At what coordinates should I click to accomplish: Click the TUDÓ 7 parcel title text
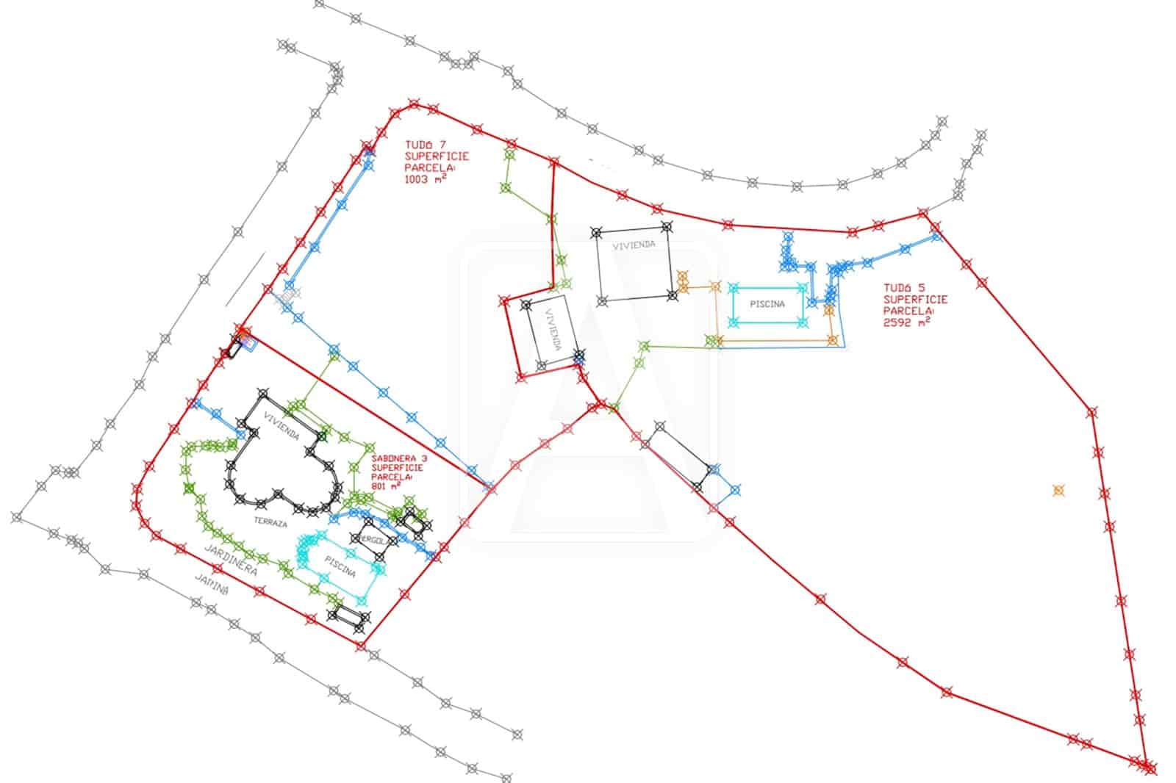tap(426, 146)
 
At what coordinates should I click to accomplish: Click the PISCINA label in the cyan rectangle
tap(767, 304)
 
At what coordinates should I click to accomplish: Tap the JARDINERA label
tap(229, 560)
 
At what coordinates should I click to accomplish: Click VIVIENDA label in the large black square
tap(634, 245)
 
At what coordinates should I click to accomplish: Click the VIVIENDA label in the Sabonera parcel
tap(281, 426)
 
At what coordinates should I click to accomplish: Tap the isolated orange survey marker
tap(1058, 490)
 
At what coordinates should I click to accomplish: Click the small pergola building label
tap(373, 540)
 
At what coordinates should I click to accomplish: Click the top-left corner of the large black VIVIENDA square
tap(597, 233)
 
